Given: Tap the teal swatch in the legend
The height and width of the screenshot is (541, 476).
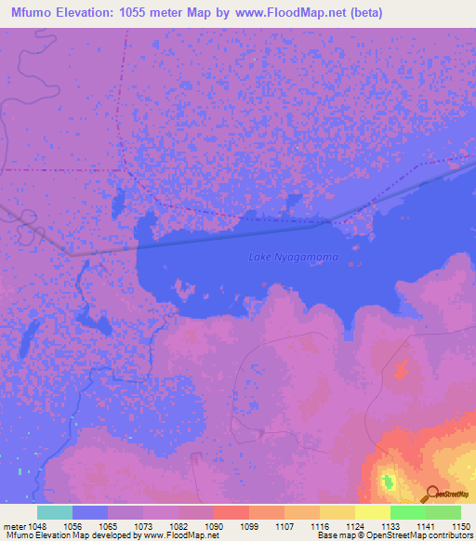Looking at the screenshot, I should pyautogui.click(x=55, y=512).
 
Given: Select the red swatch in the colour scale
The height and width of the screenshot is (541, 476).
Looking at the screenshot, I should pyautogui.click(x=231, y=512).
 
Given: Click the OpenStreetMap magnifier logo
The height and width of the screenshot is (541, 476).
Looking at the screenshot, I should pyautogui.click(x=431, y=495).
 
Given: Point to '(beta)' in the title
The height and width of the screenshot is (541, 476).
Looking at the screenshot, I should pyautogui.click(x=362, y=13).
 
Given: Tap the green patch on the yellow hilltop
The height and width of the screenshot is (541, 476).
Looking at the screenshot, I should pyautogui.click(x=388, y=482).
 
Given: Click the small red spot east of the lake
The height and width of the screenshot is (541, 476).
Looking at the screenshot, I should pyautogui.click(x=401, y=372).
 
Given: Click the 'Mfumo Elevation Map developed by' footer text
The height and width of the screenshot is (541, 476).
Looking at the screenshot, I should pyautogui.click(x=65, y=536).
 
